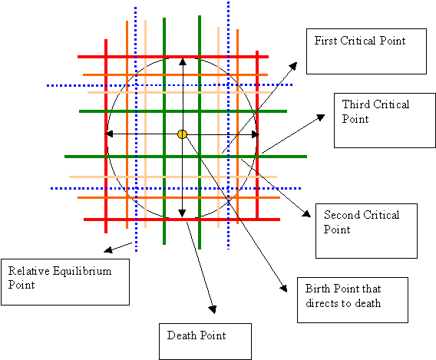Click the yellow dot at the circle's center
pos(182,134)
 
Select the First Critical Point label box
pos(366,51)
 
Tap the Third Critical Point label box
pos(385,121)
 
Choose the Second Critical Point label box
pos(366,231)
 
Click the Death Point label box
pos(205,342)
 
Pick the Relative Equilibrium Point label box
pos(65,282)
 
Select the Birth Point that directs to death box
pos(352,300)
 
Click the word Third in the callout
pos(356,104)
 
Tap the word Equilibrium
pos(82,272)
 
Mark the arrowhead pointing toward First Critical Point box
pos(294,66)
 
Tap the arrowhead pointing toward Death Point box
pos(213,309)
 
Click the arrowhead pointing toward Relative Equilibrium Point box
pos(108,249)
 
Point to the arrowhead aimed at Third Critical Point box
pos(321,117)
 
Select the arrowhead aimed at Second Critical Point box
pos(307,213)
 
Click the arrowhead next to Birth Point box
pos(283,288)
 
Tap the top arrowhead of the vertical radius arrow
pos(183,61)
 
